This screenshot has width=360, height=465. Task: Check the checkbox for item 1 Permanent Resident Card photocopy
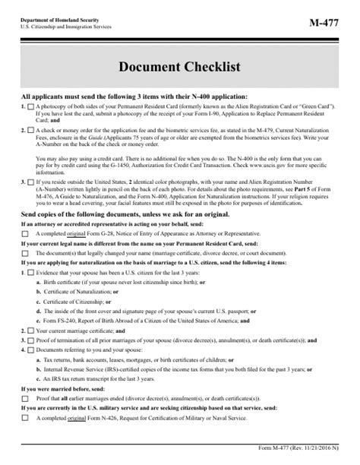(x=30, y=107)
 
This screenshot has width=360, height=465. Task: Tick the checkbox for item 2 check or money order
(x=30, y=131)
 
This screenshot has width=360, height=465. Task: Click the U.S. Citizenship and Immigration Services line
(x=68, y=25)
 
